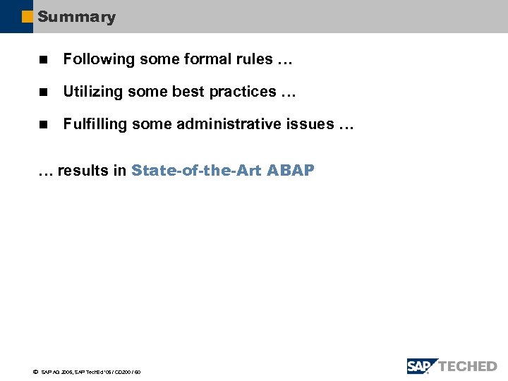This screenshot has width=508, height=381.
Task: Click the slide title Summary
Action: [76, 17]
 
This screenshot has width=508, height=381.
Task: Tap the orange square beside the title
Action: [28, 17]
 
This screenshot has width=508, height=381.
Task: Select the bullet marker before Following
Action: [42, 60]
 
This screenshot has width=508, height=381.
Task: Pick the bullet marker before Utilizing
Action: [42, 92]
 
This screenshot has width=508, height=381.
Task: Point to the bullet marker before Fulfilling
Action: [42, 125]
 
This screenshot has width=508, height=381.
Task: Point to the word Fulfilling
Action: [92, 124]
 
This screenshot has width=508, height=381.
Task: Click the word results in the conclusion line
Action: [82, 170]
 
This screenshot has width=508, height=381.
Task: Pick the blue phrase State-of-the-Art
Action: [197, 170]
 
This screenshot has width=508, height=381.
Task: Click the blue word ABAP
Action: [291, 170]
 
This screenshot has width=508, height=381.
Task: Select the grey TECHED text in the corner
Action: [468, 366]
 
